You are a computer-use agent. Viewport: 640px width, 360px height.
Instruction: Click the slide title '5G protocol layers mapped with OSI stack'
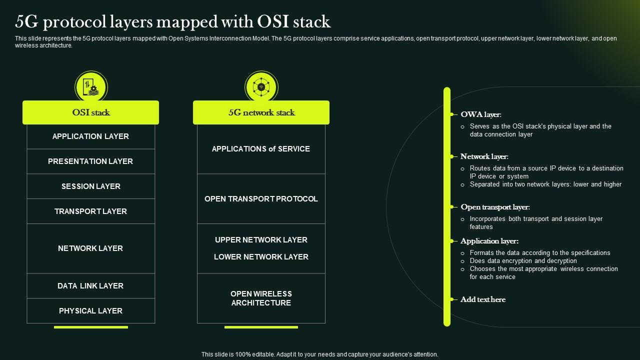click(x=173, y=22)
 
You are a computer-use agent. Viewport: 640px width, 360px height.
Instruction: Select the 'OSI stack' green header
click(x=90, y=112)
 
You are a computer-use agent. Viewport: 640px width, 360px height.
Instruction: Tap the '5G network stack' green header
click(x=261, y=112)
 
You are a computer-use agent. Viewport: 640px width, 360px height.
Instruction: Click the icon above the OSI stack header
click(x=91, y=87)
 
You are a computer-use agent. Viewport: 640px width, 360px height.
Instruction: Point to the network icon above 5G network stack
click(x=261, y=87)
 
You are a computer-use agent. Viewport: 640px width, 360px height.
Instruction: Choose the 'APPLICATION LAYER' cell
click(x=90, y=136)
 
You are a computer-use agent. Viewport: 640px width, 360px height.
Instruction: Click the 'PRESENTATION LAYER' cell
click(x=90, y=161)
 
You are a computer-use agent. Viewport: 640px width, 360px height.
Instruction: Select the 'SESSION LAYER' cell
click(x=90, y=186)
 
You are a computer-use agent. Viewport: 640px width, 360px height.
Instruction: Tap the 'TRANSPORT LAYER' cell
click(x=90, y=211)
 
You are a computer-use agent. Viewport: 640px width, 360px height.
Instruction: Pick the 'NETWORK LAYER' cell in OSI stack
click(x=90, y=248)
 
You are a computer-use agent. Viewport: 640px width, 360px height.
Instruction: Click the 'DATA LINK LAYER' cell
click(x=90, y=286)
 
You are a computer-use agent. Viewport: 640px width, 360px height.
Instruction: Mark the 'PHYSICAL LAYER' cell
click(x=90, y=311)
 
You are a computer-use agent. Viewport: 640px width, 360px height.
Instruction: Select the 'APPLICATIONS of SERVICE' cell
click(x=261, y=149)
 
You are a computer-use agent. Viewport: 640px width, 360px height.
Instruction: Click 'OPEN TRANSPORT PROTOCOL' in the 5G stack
click(x=261, y=199)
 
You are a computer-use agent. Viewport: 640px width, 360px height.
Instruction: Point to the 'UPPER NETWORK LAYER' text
click(x=261, y=240)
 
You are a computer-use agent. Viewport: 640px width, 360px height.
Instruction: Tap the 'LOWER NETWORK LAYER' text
click(x=261, y=257)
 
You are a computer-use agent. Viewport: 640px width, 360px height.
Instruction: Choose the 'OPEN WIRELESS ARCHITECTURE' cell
click(x=261, y=298)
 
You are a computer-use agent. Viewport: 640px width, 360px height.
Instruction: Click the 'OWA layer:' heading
click(x=480, y=114)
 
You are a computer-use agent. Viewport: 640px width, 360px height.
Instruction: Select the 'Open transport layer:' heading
click(x=495, y=207)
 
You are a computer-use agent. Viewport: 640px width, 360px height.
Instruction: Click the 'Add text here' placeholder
click(x=483, y=299)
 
